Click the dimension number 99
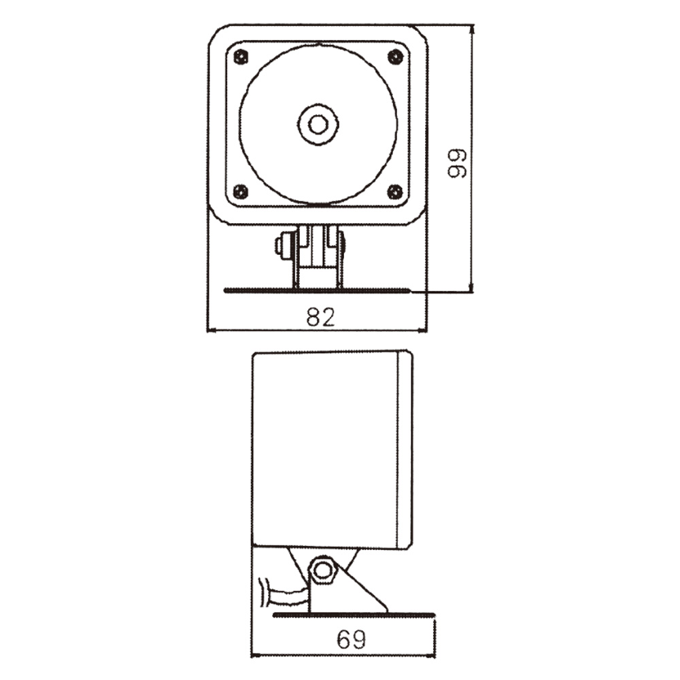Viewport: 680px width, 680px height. [457, 163]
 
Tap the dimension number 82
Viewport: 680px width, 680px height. [321, 317]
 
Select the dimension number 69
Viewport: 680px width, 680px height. [352, 639]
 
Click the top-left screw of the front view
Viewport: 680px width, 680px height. [241, 57]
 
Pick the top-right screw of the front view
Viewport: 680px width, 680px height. [396, 57]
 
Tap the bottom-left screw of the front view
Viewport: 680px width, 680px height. [241, 192]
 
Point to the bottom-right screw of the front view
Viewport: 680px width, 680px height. [395, 192]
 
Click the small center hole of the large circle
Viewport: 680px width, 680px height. [318, 125]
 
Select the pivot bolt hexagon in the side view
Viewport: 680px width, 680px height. [322, 571]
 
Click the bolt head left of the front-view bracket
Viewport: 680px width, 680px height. [284, 245]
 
